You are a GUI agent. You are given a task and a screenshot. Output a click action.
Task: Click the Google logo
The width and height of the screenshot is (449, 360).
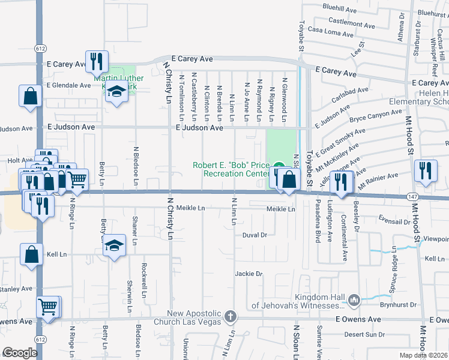pos(20,353)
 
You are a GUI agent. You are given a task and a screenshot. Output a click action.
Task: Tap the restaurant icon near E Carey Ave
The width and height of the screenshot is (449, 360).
pos(97,61)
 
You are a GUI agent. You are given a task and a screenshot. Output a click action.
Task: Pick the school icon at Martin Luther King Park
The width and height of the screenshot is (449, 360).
pos(116,91)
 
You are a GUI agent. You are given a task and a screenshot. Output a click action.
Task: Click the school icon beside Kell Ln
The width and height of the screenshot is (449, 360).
pos(113,245)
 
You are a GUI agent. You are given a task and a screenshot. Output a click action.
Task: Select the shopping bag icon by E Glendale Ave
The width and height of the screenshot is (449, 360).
pos(30,95)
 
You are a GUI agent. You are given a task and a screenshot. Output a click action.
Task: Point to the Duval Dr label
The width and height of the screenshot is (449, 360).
pos(255,235)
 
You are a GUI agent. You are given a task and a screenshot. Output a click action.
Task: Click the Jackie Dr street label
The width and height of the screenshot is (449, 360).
pos(249,274)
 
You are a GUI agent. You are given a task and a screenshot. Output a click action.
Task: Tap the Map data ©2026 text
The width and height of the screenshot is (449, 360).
pos(423,355)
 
